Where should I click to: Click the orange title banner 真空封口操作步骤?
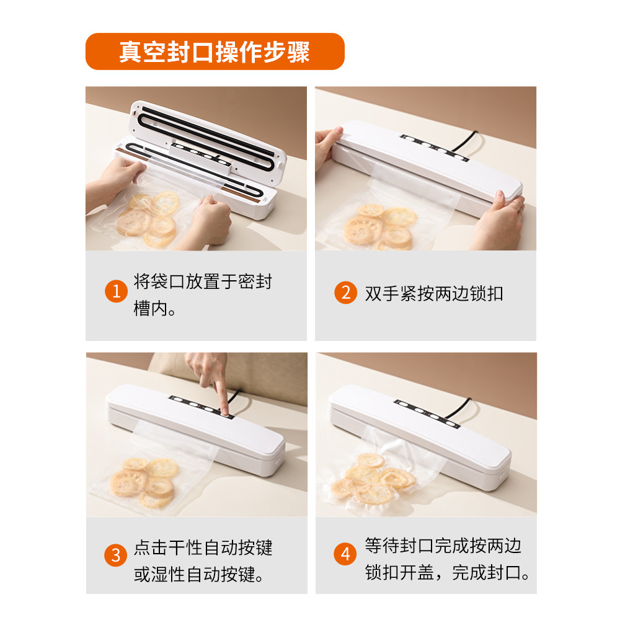click(x=215, y=51)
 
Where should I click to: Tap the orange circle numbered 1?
click(x=116, y=291)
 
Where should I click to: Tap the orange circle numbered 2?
click(x=345, y=293)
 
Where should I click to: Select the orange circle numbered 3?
click(x=115, y=555)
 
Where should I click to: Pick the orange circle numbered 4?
click(x=345, y=554)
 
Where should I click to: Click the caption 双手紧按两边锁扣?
click(x=434, y=293)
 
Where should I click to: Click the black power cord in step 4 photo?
click(x=459, y=408)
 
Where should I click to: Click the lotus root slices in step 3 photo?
click(x=143, y=482)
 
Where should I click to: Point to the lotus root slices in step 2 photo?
click(x=379, y=227)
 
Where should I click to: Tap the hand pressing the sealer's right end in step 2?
click(x=499, y=221)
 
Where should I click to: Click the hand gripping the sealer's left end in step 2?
click(x=327, y=146)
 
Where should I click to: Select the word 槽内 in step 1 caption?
click(x=151, y=308)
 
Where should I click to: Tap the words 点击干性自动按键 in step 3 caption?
click(x=203, y=547)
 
